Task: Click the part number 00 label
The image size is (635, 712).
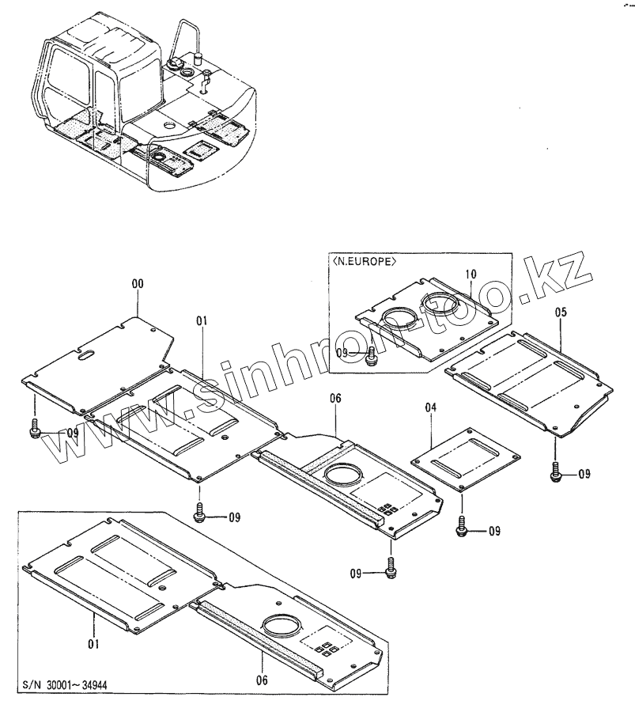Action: [138, 283]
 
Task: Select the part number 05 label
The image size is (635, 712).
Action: [560, 312]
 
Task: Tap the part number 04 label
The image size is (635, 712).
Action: [430, 407]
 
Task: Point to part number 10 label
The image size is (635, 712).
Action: [471, 274]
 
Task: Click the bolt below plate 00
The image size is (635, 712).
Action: [34, 430]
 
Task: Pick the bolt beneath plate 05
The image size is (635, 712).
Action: [556, 472]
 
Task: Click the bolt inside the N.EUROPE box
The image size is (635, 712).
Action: [372, 357]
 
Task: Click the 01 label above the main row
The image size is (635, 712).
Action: [202, 320]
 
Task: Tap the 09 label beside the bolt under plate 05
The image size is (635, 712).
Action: [584, 474]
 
